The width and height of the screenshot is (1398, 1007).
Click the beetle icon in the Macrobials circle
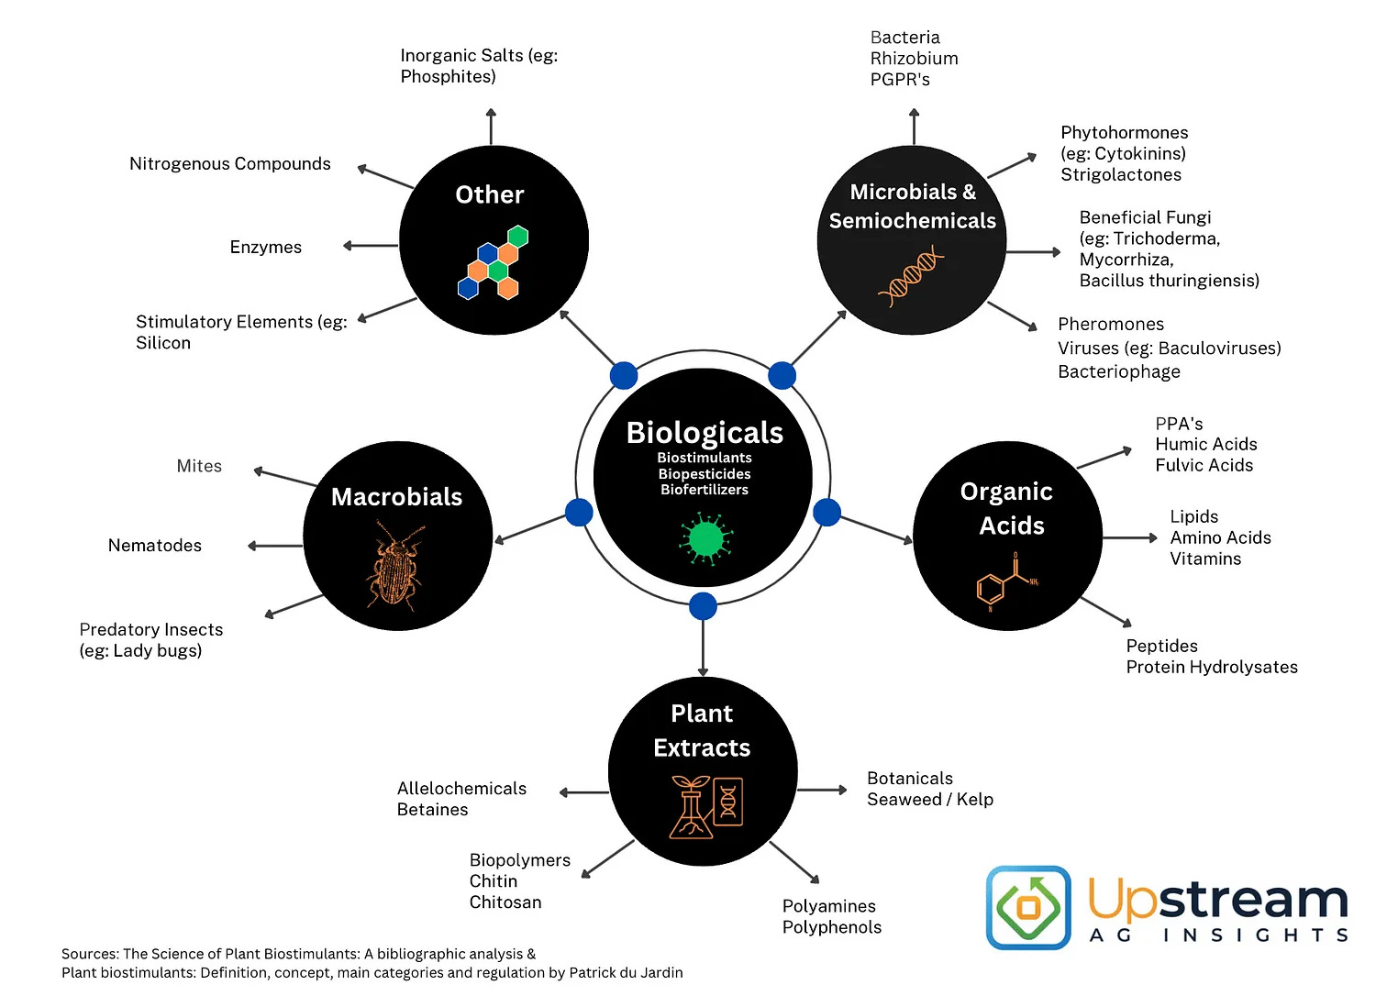395,564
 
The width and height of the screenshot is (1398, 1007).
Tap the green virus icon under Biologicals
705,538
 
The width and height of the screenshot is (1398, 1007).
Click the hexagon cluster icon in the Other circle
493,263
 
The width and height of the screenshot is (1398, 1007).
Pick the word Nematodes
155,546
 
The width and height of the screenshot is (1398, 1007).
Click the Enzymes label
265,248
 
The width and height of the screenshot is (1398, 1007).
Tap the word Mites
199,466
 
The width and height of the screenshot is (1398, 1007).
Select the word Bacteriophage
1118,371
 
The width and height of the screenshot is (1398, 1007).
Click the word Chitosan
505,902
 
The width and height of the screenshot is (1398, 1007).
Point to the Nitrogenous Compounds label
229,164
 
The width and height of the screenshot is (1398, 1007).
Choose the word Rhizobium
914,59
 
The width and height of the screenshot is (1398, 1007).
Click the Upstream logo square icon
1028,907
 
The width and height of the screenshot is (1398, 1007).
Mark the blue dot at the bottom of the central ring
703,606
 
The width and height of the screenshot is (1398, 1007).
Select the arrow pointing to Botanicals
822,790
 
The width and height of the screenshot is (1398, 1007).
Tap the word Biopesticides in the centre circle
705,474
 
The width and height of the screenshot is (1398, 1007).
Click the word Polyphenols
831,927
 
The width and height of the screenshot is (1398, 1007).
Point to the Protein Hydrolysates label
1212,668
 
